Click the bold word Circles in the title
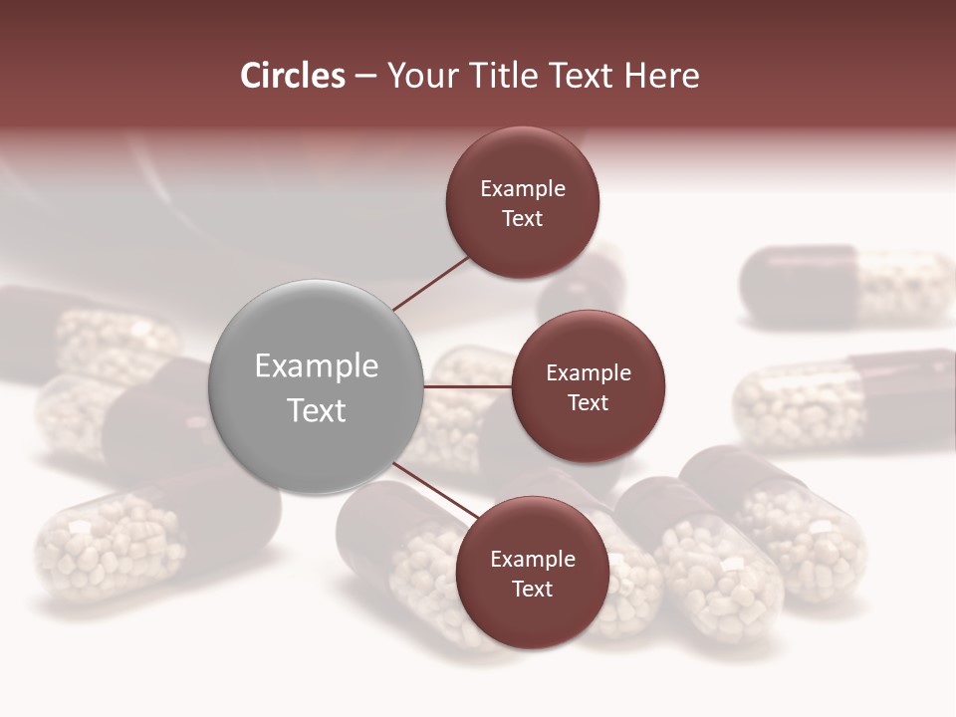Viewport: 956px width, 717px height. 292,76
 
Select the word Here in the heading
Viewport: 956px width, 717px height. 661,76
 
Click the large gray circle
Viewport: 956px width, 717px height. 317,386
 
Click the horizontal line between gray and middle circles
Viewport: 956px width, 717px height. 468,386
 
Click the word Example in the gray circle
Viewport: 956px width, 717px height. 317,365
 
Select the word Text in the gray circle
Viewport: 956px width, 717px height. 317,409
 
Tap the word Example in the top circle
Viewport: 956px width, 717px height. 523,188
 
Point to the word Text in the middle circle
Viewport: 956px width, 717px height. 588,402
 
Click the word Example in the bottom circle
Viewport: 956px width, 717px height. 533,559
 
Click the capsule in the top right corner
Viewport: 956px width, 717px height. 846,287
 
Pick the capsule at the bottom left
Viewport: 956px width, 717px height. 149,543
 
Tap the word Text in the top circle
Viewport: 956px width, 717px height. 522,218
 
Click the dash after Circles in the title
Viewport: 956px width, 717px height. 365,76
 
